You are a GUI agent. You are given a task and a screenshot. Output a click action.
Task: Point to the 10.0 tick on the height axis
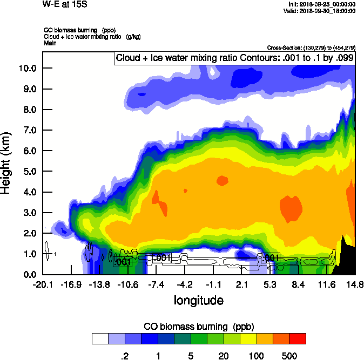(x=28, y=68)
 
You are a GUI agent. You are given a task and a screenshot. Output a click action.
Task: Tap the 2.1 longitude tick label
(x=241, y=284)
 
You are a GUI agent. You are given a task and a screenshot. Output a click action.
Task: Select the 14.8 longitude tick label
(x=354, y=284)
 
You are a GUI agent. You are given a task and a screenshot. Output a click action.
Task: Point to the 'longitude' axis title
(x=198, y=300)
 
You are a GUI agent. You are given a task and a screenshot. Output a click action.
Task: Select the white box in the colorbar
(x=99, y=338)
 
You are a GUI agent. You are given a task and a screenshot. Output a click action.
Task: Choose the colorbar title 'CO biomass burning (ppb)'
(x=199, y=327)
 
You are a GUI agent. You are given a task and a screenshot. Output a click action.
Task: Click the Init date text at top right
(x=322, y=4)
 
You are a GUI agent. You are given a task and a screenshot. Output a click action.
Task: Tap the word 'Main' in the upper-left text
(x=50, y=42)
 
